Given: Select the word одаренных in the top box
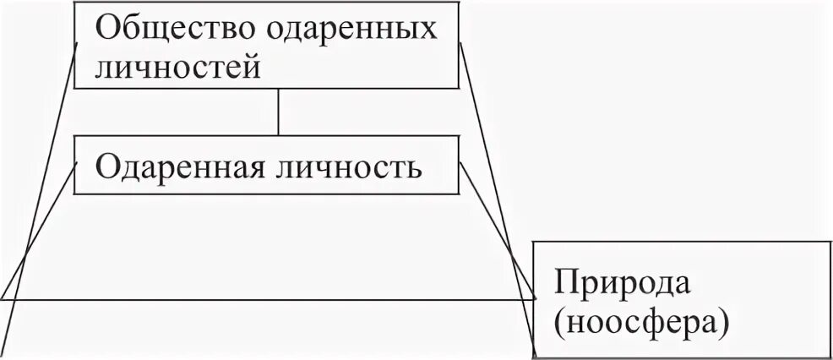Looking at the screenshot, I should click(353, 29).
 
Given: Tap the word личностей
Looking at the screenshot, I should click(177, 66).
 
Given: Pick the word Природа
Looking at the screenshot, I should click(615, 282).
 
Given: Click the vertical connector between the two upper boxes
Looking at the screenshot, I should click(278, 112).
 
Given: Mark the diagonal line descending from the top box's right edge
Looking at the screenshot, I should click(498, 194).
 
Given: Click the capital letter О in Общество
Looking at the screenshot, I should click(107, 29).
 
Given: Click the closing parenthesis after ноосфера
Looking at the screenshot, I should click(723, 322).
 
